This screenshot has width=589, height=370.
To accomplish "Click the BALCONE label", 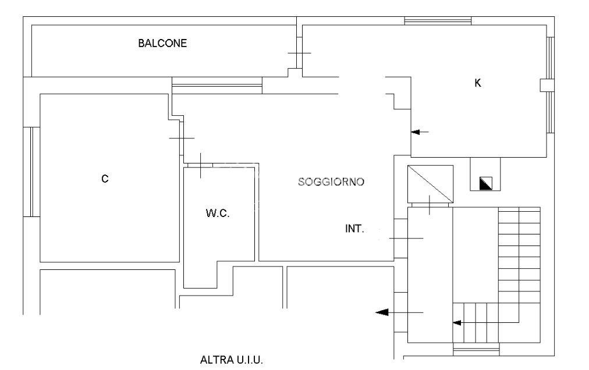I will click(x=162, y=43).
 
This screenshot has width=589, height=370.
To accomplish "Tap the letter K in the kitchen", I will click(x=478, y=83).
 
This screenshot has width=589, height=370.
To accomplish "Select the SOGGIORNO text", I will click(x=331, y=182).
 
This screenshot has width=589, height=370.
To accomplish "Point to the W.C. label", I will click(x=218, y=214).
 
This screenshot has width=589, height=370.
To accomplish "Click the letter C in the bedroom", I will click(x=105, y=179).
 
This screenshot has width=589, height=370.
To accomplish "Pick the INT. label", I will click(x=354, y=229).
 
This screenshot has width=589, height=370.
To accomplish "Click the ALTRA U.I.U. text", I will click(x=232, y=360).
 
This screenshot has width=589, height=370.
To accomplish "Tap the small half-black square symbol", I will click(x=485, y=183).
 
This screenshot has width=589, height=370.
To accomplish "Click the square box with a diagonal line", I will click(x=430, y=183).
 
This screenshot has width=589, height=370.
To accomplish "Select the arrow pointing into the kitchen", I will click(x=420, y=132).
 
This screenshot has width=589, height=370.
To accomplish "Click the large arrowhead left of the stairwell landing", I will click(x=382, y=313).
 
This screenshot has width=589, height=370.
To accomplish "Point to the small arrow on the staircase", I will click(x=457, y=322).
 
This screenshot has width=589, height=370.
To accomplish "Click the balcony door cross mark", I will click(x=299, y=53).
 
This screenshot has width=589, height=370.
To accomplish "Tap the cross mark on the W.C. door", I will click(x=200, y=166).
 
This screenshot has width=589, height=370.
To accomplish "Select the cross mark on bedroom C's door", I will click(x=182, y=138).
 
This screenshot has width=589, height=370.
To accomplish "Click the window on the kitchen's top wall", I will click(x=438, y=21).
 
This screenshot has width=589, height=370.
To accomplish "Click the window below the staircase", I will click(x=476, y=350).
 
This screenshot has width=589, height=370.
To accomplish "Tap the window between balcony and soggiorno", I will click(x=217, y=85).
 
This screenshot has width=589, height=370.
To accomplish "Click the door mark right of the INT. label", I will click(x=407, y=239).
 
